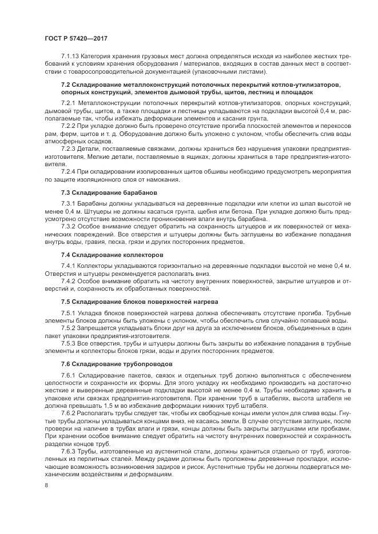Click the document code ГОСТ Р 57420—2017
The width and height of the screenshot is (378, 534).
76,38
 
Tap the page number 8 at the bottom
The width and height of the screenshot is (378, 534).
46,485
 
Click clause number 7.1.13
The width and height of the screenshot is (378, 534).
70,57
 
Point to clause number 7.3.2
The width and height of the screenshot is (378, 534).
69,226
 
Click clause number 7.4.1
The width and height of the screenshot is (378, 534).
69,266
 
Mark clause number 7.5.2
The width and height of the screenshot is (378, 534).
69,328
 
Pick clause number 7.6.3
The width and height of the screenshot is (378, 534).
69,451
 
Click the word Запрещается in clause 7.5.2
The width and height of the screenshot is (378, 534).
98,328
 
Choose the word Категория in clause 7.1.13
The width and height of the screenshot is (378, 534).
99,57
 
